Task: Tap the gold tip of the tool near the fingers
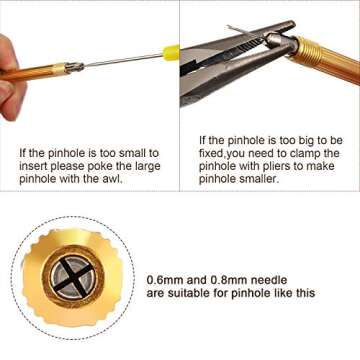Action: (71, 67)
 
